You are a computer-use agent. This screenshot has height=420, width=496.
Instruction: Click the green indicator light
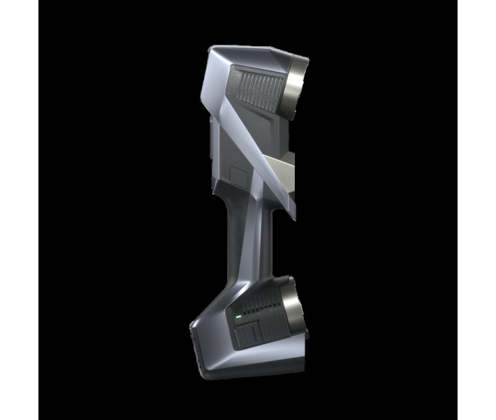pos(238,316)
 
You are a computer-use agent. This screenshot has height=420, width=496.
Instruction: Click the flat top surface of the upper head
pos(251,52)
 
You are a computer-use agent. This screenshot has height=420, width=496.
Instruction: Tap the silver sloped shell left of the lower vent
pos(210,329)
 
